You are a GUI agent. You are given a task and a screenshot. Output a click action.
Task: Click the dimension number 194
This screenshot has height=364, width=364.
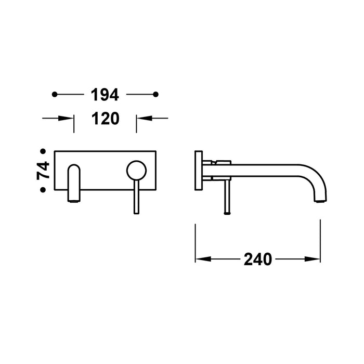click(105, 95)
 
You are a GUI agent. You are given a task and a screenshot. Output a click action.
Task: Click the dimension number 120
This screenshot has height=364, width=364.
click(105, 119)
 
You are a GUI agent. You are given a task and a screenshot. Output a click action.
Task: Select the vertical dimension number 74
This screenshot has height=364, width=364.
click(43, 171)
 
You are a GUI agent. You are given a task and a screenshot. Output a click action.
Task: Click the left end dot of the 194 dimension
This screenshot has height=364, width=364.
click(55, 94)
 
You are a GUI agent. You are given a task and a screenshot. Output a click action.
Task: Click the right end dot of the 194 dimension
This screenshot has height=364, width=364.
click(155, 94)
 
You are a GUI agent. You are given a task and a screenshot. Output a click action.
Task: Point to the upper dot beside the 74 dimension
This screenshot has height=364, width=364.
click(43, 151)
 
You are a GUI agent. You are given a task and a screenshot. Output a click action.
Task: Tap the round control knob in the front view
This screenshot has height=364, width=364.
click(136, 170)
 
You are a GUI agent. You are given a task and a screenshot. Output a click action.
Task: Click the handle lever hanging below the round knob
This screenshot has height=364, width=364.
click(136, 198)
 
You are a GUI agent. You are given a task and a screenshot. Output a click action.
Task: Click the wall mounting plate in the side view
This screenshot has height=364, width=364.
click(198, 171)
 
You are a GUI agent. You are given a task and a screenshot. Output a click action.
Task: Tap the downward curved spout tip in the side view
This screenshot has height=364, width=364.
click(319, 195)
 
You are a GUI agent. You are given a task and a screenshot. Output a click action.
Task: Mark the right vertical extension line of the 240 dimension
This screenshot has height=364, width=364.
click(320, 239)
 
